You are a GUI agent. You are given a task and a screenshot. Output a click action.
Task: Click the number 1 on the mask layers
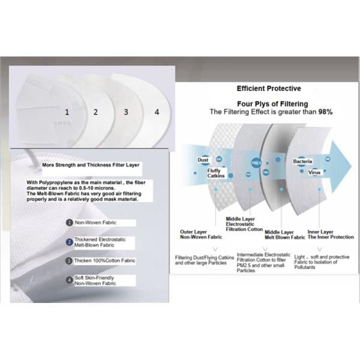(x=67, y=112)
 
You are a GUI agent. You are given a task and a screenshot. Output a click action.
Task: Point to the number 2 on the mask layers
(x=95, y=112)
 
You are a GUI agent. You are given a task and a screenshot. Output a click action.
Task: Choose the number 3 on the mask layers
(x=126, y=112)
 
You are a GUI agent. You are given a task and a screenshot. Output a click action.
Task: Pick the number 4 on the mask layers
(x=157, y=112)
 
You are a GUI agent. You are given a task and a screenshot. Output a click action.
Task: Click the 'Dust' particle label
(x=203, y=160)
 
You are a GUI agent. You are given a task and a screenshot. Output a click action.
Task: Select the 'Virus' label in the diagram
(x=314, y=172)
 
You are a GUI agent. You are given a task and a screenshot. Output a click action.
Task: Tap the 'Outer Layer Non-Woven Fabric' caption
(x=199, y=234)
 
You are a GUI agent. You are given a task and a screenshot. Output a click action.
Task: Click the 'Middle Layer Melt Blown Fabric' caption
(x=280, y=234)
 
